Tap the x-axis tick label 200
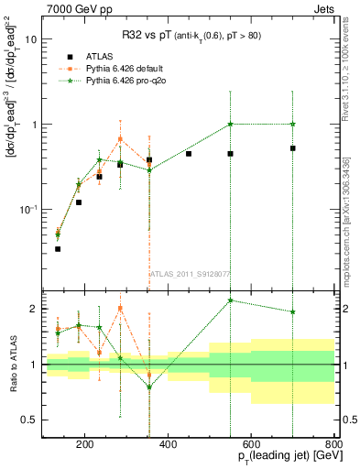(84, 445)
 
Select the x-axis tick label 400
(168, 445)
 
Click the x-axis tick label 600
(251, 445)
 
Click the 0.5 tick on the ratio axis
(30, 420)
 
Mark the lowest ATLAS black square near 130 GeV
(58, 248)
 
